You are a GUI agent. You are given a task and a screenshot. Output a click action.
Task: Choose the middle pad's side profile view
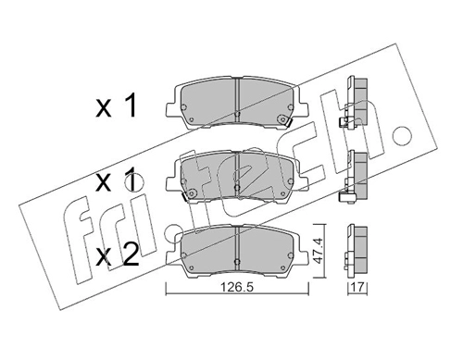point(356,173)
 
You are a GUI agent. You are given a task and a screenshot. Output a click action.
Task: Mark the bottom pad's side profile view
point(357,248)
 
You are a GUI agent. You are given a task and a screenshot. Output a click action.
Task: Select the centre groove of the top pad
point(237,96)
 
